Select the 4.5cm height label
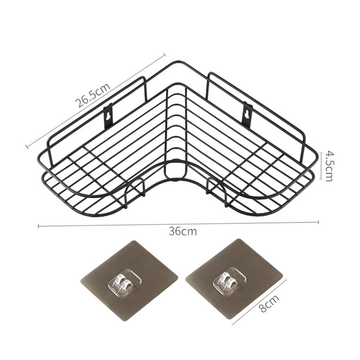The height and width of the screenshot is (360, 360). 328,166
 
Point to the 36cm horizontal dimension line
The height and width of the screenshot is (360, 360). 112,225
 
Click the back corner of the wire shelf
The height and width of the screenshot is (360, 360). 176,63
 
